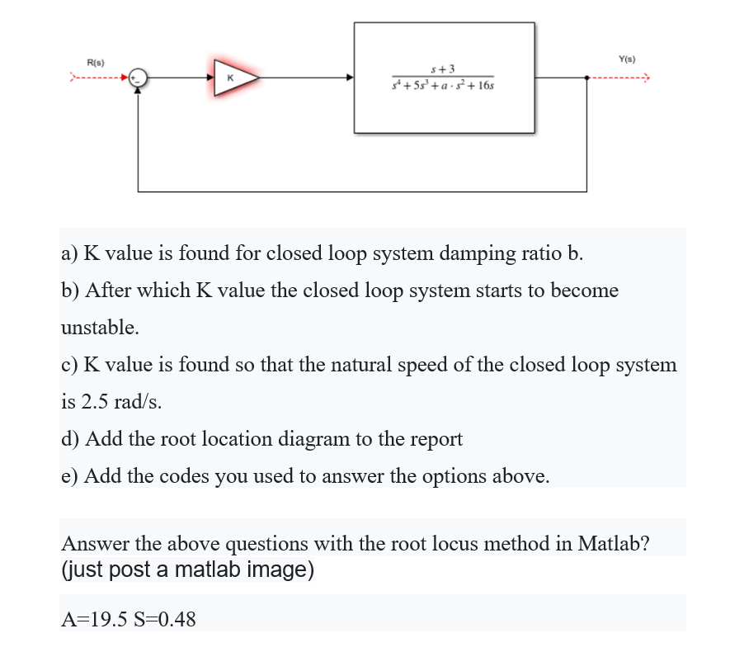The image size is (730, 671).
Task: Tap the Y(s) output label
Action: [627, 58]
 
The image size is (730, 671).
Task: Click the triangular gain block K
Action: [233, 78]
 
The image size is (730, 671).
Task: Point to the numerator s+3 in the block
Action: [444, 67]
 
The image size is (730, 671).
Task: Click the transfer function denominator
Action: [444, 84]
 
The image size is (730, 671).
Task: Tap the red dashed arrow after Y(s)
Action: [619, 78]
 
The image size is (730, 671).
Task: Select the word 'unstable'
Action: [100, 328]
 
